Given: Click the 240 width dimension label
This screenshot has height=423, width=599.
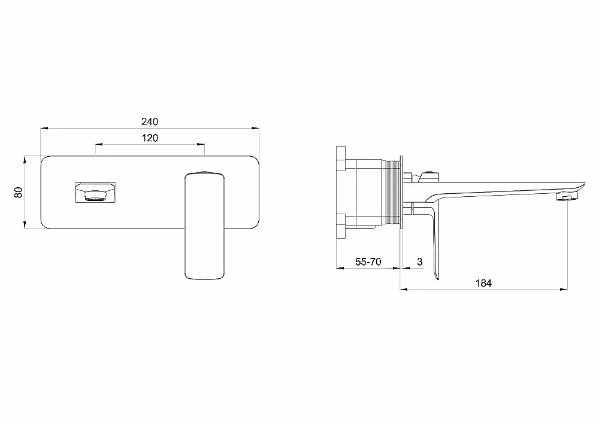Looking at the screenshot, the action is click(149, 121).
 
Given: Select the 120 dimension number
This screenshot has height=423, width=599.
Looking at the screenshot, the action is click(150, 138).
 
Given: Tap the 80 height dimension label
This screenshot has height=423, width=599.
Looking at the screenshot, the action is click(19, 192).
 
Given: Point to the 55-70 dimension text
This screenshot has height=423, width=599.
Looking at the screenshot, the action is click(368, 261).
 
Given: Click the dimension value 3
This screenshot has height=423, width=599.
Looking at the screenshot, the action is click(420, 261).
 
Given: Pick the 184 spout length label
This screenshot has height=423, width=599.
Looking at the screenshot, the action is click(483, 283).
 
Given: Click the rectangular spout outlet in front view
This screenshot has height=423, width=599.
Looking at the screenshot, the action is click(95, 193).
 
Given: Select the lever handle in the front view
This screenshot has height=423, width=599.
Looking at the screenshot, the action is click(204, 226).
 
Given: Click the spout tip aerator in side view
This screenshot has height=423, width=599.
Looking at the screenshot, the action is click(567, 197).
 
